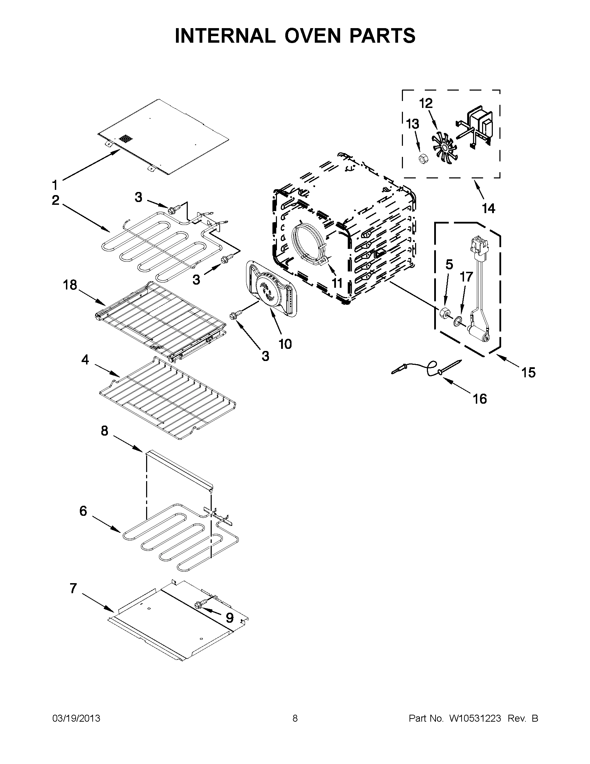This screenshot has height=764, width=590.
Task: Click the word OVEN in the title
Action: coord(312,36)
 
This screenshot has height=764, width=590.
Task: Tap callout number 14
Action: coord(488,209)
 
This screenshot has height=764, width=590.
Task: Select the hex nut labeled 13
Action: coord(423,159)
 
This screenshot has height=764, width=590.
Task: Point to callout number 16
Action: coord(480,398)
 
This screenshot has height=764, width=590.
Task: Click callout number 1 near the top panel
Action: coord(54,184)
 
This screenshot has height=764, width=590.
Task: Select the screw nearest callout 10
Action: coord(234,315)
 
